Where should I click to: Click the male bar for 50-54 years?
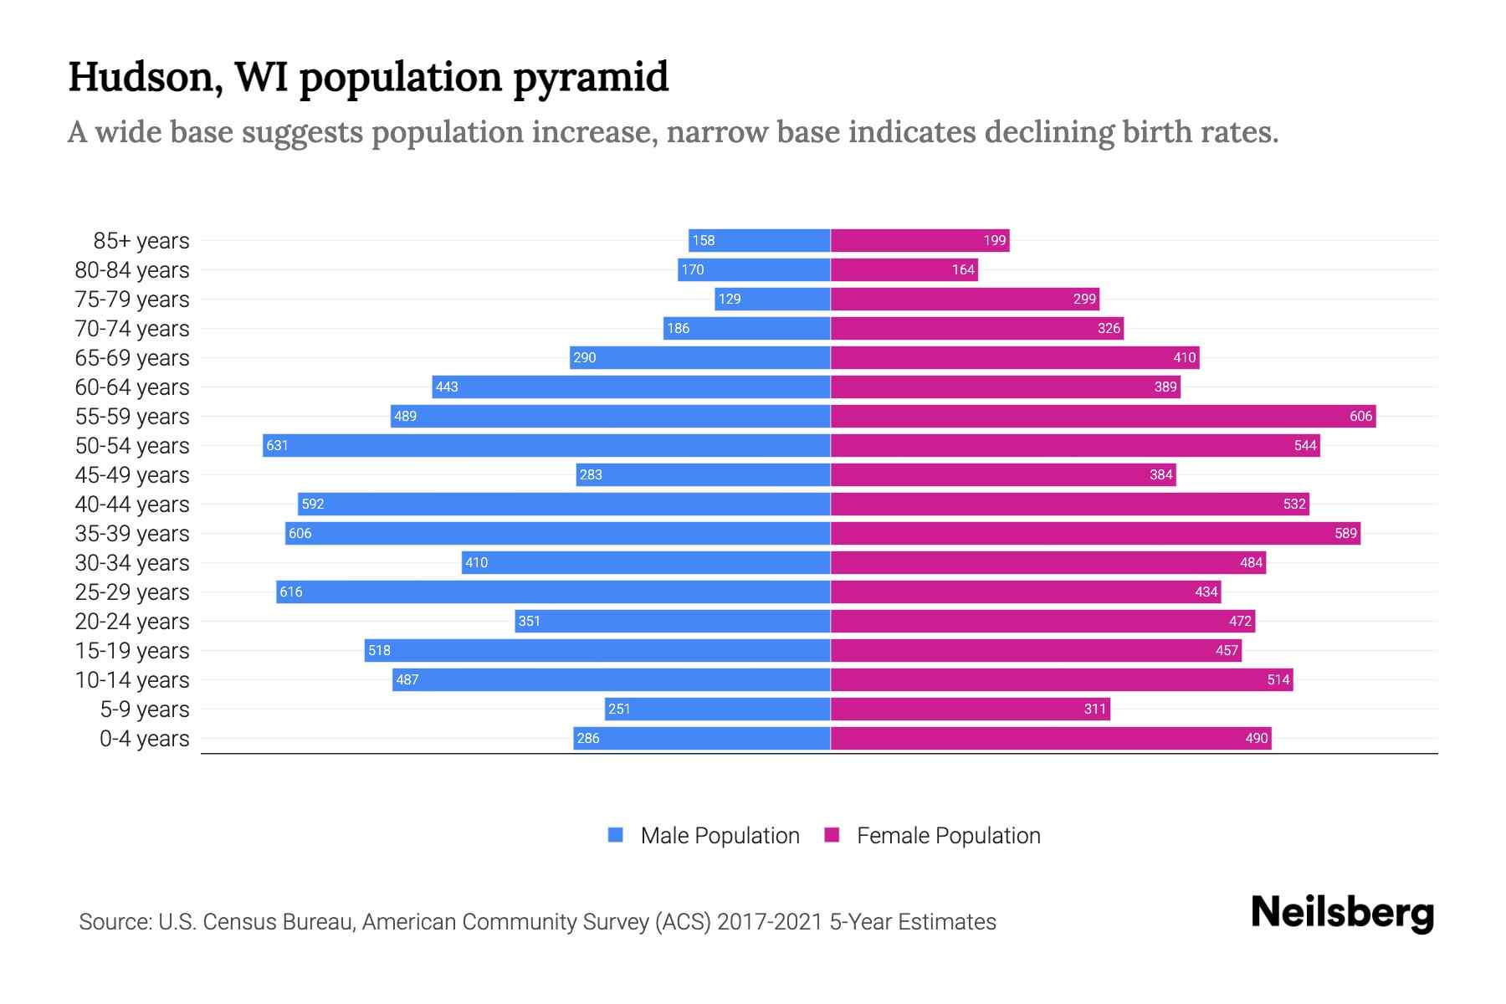pyautogui.click(x=546, y=445)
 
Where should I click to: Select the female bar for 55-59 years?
pyautogui.click(x=1103, y=416)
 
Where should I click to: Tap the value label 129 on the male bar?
pyautogui.click(x=730, y=300)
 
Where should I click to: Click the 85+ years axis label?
pyautogui.click(x=141, y=241)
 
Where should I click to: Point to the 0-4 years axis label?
pyautogui.click(x=144, y=739)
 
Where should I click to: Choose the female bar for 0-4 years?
pyautogui.click(x=1051, y=738)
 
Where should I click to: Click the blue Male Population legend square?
pyautogui.click(x=616, y=835)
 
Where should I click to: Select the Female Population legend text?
pyautogui.click(x=948, y=836)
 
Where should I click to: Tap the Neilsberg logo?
pyautogui.click(x=1342, y=913)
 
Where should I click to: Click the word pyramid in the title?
pyautogui.click(x=590, y=78)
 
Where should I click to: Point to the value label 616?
pyautogui.click(x=291, y=592)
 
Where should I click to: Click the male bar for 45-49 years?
pyautogui.click(x=703, y=474)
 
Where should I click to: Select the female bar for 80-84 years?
pyautogui.click(x=904, y=269)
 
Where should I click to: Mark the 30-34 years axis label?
pyautogui.click(x=132, y=563)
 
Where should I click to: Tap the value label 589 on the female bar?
pyautogui.click(x=1345, y=534)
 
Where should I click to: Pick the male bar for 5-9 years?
pyautogui.click(x=717, y=709)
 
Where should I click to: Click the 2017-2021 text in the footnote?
pyautogui.click(x=770, y=922)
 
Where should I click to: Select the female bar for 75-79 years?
pyautogui.click(x=965, y=299)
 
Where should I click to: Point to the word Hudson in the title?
pyautogui.click(x=145, y=78)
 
